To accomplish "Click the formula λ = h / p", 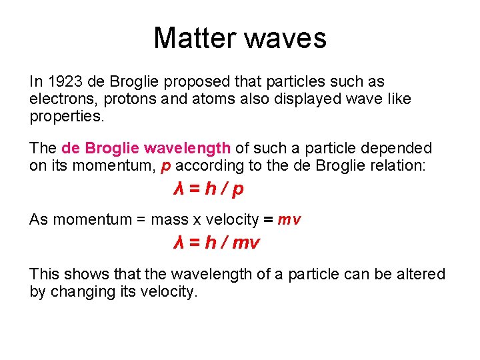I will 208,189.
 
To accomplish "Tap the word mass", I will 170,219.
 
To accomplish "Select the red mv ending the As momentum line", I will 289,219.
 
